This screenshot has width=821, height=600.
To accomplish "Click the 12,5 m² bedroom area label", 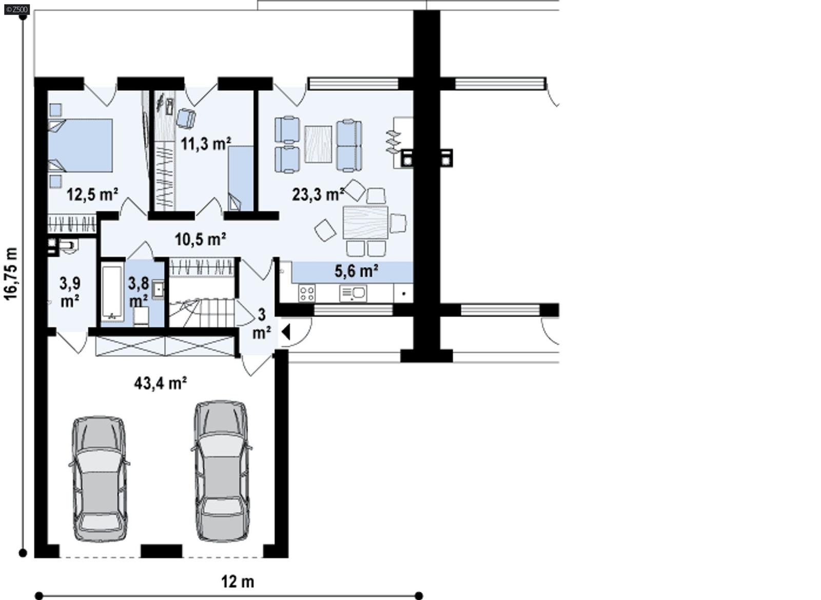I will click(92, 195).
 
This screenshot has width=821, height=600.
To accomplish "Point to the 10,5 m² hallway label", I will click(201, 239).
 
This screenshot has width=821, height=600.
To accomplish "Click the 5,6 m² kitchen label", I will click(357, 271).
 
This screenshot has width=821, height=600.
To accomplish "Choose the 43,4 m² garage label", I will click(160, 383).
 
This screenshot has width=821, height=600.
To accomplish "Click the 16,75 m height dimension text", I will click(11, 274).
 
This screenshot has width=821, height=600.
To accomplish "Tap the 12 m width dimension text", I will click(238, 582).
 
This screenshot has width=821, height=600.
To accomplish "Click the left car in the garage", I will click(99, 479).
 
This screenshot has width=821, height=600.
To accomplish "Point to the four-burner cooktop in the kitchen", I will click(307, 294).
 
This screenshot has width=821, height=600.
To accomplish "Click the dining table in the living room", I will click(365, 222).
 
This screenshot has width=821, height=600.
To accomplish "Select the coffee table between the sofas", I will click(318, 144).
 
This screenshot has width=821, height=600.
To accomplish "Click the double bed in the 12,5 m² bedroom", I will click(81, 146).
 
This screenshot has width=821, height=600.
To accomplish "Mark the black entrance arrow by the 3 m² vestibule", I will click(286, 332).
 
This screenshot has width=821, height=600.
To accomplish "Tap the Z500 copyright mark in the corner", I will click(17, 9).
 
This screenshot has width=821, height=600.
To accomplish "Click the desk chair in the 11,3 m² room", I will click(186, 118).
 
